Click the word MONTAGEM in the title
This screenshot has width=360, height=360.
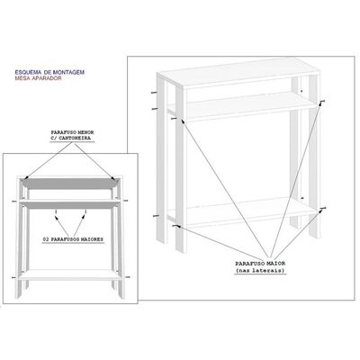coord(68,72)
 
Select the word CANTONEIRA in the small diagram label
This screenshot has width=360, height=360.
coord(76,138)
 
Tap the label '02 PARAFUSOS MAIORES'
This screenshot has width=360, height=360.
coord(73,239)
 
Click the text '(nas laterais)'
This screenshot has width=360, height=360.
coord(260,271)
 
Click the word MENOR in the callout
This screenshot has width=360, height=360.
coord(85,132)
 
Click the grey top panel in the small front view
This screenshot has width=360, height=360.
coord(69,184)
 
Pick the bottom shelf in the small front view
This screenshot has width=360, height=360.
coord(69,274)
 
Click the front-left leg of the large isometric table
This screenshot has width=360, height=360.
coord(181,168)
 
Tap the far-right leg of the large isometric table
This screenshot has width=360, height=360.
coord(314,156)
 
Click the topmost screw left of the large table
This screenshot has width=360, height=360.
coord(154,93)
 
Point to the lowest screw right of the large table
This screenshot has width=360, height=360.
coord(323,208)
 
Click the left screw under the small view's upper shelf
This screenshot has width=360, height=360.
coord(56,211)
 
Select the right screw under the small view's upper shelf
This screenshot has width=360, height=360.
coord(85,211)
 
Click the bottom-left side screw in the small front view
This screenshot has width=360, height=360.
coord(13,277)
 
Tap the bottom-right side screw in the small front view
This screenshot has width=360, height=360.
coord(128,276)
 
